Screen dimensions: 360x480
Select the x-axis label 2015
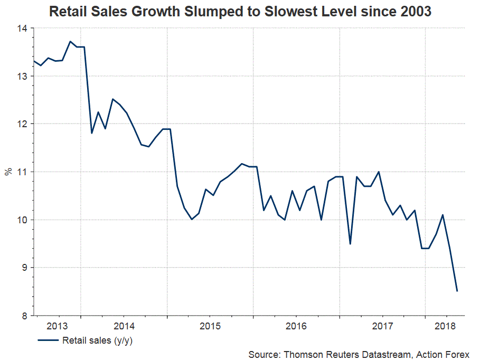click(x=210, y=325)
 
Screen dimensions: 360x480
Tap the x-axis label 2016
click(x=296, y=325)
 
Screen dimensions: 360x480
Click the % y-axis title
click(x=8, y=172)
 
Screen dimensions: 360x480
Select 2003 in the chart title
click(x=415, y=11)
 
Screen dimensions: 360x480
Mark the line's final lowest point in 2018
click(x=457, y=291)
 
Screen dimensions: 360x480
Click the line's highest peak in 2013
click(x=70, y=42)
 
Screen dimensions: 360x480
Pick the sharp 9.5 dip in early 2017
click(x=350, y=244)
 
